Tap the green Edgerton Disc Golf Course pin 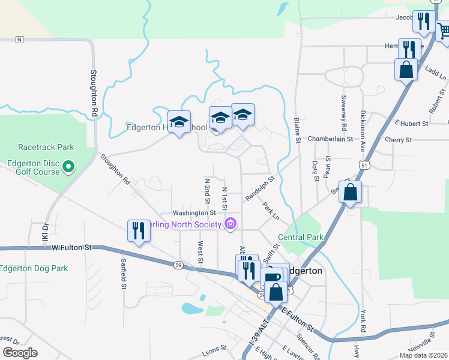[x=68, y=166]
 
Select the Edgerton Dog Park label [x=34, y=268]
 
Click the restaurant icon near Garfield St [x=139, y=230]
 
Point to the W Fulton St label [x=71, y=247]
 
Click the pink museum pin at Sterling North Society [x=229, y=224]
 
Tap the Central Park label [x=301, y=237]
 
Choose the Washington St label [x=193, y=212]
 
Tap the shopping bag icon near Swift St [x=350, y=193]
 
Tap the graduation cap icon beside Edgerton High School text [x=179, y=122]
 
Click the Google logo [x=20, y=353]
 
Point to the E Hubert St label [x=411, y=123]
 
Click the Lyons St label [x=214, y=348]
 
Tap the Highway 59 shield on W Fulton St [x=178, y=264]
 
